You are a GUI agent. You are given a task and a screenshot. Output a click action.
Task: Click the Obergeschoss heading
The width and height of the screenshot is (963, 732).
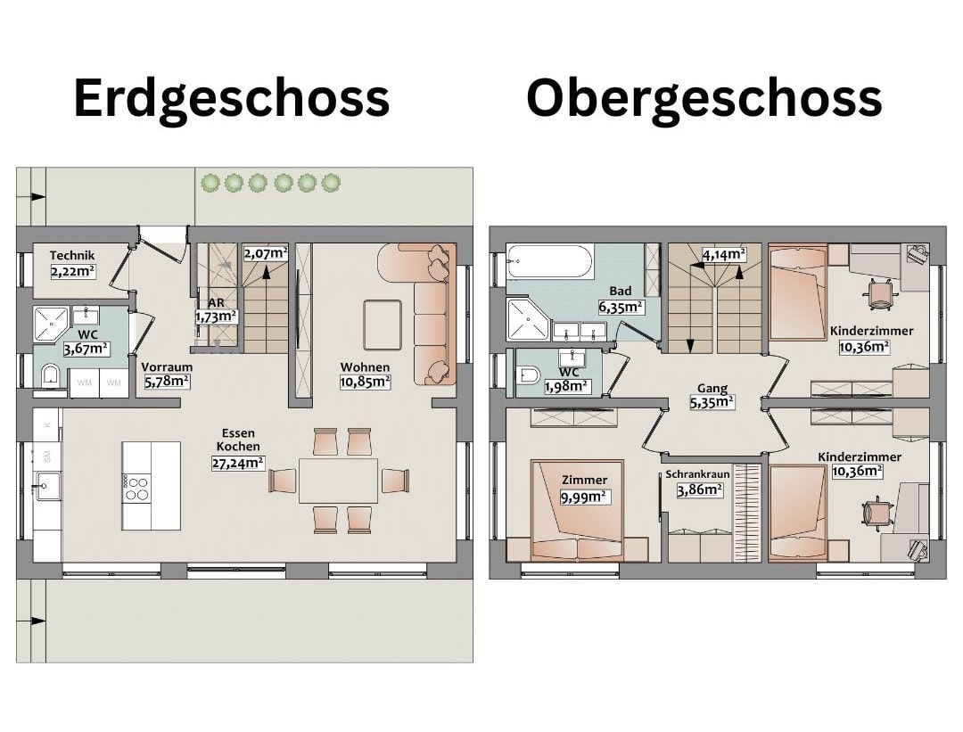point(704,99)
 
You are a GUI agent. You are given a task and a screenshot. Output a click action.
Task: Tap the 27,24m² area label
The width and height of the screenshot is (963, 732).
point(238,463)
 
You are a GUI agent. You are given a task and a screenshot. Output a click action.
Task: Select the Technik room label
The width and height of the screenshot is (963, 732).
point(72,255)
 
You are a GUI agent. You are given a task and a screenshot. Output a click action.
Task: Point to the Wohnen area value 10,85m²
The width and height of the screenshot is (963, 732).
point(365,382)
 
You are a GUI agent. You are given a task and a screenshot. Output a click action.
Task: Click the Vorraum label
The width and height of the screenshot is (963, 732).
point(167,366)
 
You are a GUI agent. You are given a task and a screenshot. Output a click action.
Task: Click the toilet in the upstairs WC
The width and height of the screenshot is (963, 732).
point(528,374)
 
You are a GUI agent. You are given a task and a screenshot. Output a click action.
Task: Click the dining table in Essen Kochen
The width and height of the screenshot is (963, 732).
point(339,481)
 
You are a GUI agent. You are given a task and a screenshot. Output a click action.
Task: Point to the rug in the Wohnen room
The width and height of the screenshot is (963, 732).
point(383,323)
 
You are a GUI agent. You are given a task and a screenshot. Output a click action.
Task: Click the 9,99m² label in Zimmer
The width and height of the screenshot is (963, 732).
point(585,497)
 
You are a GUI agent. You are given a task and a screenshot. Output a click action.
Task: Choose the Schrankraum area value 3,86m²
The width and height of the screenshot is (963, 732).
point(700,490)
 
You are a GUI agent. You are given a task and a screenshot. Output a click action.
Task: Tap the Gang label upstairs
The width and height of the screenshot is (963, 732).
point(712,389)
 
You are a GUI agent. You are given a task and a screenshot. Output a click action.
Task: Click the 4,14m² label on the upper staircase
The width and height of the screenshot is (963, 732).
point(724,254)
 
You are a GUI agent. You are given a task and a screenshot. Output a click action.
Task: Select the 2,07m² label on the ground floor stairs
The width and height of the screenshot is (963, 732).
point(266,253)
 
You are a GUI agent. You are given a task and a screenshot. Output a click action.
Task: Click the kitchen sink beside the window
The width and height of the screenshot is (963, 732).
point(47,486)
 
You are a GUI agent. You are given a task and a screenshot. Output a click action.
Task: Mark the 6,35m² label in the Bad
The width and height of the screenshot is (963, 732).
point(621,307)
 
